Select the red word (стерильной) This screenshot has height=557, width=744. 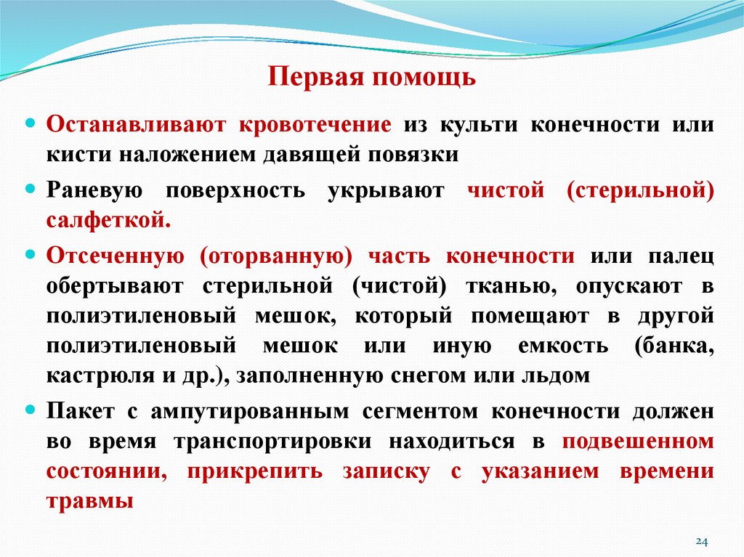point(640,191)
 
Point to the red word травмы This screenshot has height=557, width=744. point(90,500)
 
